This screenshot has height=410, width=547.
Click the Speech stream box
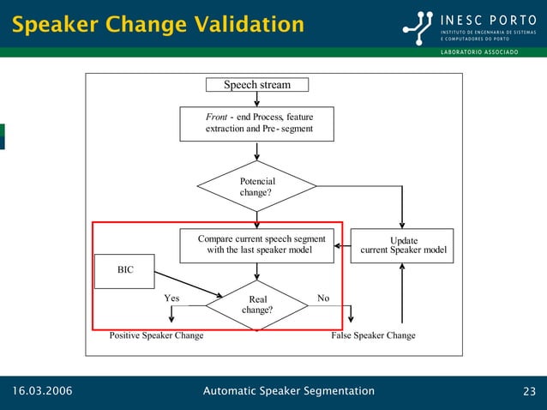(x=256, y=84)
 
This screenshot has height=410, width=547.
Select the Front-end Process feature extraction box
(x=256, y=124)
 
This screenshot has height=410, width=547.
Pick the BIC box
(x=125, y=270)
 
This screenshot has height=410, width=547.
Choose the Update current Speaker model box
(x=403, y=246)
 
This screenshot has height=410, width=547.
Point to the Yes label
(x=171, y=298)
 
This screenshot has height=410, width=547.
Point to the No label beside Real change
(x=323, y=298)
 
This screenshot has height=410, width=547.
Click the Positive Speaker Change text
(x=156, y=335)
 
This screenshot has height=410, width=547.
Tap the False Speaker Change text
(x=373, y=335)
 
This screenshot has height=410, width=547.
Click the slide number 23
(x=529, y=392)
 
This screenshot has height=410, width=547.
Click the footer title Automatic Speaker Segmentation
(x=288, y=391)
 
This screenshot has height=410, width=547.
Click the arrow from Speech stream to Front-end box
(x=257, y=99)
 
